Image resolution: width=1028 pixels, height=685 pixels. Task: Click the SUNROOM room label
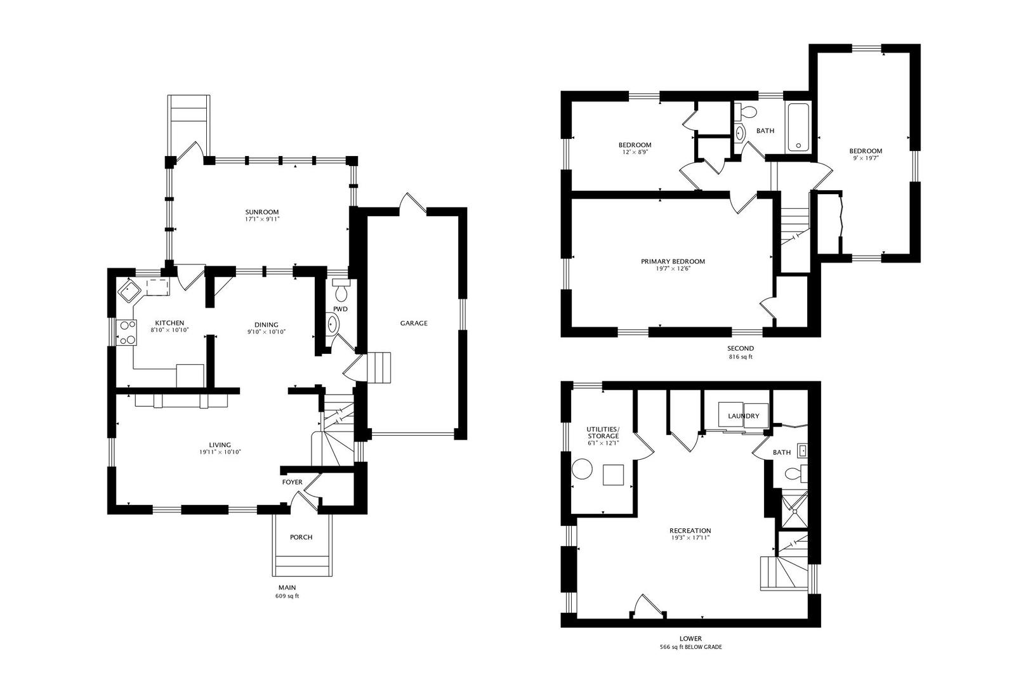[x=262, y=212]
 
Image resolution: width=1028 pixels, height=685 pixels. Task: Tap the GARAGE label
[x=414, y=323]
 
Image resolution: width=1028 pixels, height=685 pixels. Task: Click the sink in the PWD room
[x=333, y=324]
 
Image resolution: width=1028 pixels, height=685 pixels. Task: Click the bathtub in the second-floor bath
[x=798, y=127]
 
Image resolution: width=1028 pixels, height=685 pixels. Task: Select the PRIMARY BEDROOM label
[x=673, y=261]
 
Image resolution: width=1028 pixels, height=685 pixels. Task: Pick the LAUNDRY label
[x=744, y=415]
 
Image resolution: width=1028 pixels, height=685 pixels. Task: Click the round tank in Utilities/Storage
[x=582, y=469]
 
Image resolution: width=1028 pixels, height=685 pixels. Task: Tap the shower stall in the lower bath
[x=794, y=509]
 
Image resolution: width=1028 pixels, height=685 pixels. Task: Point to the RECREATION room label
[x=690, y=530]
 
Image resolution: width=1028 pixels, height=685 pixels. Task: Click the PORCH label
[x=301, y=537]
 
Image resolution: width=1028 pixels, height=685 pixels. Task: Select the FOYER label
[x=293, y=482]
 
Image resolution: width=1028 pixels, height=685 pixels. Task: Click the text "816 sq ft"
[x=741, y=356]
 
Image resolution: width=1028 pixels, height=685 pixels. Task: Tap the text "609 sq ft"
[x=287, y=596]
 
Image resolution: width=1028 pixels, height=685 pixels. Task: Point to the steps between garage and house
[x=379, y=367]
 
